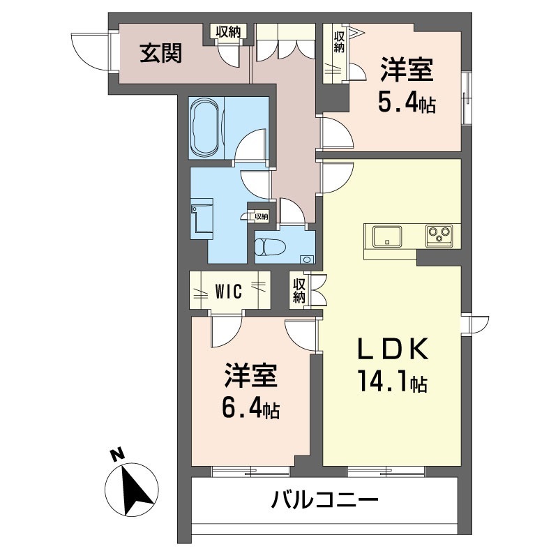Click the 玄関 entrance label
tap(161, 54)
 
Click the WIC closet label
tap(228, 291)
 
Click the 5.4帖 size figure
tap(407, 103)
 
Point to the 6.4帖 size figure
tap(251, 408)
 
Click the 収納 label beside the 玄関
tap(228, 31)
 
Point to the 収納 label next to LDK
tap(299, 290)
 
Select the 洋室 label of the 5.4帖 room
tap(407, 72)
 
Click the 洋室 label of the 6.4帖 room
tap(251, 377)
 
